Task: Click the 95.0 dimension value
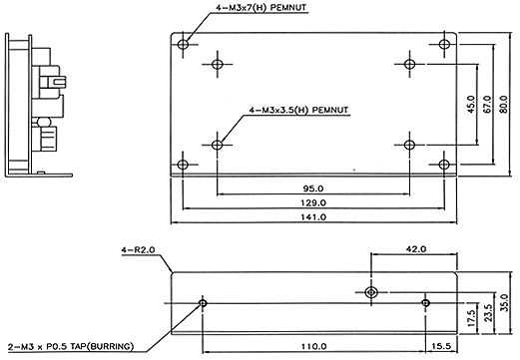pyautogui.click(x=313, y=188)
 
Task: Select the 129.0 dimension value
pyautogui.click(x=313, y=202)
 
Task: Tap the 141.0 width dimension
pyautogui.click(x=313, y=217)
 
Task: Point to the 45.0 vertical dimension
pyautogui.click(x=471, y=105)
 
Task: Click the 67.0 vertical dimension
pyautogui.click(x=487, y=105)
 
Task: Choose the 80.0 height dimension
pyautogui.click(x=503, y=105)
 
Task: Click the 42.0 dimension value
pyautogui.click(x=416, y=249)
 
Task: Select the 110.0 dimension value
pyautogui.click(x=313, y=346)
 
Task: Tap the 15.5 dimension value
pyautogui.click(x=441, y=346)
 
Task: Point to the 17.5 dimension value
pyautogui.click(x=471, y=318)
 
